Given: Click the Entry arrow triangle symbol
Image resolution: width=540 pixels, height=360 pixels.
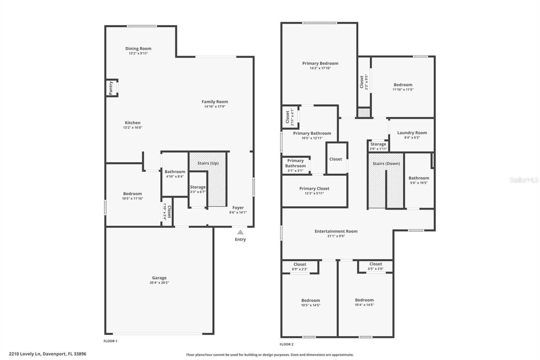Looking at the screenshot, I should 240,232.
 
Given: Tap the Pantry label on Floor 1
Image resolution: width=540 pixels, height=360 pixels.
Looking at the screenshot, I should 111,88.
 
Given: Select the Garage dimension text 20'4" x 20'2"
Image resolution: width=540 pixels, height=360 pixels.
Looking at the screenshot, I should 159,283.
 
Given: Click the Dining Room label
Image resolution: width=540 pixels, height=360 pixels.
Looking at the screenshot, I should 138,49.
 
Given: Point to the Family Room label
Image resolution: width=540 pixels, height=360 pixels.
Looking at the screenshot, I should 215,102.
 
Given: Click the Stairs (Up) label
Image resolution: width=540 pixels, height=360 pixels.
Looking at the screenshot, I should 208,163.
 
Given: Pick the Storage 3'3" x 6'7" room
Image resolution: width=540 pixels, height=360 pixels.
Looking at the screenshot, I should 198,189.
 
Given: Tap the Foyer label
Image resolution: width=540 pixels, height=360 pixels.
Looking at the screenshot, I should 238,208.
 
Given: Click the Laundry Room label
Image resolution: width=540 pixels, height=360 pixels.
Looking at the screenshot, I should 412,133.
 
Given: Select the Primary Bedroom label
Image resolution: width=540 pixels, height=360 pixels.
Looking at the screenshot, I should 320,63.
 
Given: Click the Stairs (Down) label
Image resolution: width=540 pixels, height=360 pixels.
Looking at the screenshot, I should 386,163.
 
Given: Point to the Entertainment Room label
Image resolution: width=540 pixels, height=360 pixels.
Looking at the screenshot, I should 336,231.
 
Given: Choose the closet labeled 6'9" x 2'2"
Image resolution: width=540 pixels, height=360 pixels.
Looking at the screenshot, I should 300,267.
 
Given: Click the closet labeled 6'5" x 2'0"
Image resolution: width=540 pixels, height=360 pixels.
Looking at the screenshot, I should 375,266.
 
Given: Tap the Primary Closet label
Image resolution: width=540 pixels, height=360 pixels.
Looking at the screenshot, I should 314,188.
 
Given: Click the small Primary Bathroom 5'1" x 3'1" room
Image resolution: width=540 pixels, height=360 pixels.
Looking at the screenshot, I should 295,165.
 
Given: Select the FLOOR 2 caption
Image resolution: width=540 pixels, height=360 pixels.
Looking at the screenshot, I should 287,344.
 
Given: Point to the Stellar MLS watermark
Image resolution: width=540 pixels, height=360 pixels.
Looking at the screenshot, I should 524,180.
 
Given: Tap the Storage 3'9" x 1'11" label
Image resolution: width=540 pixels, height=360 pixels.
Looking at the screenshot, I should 378,144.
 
